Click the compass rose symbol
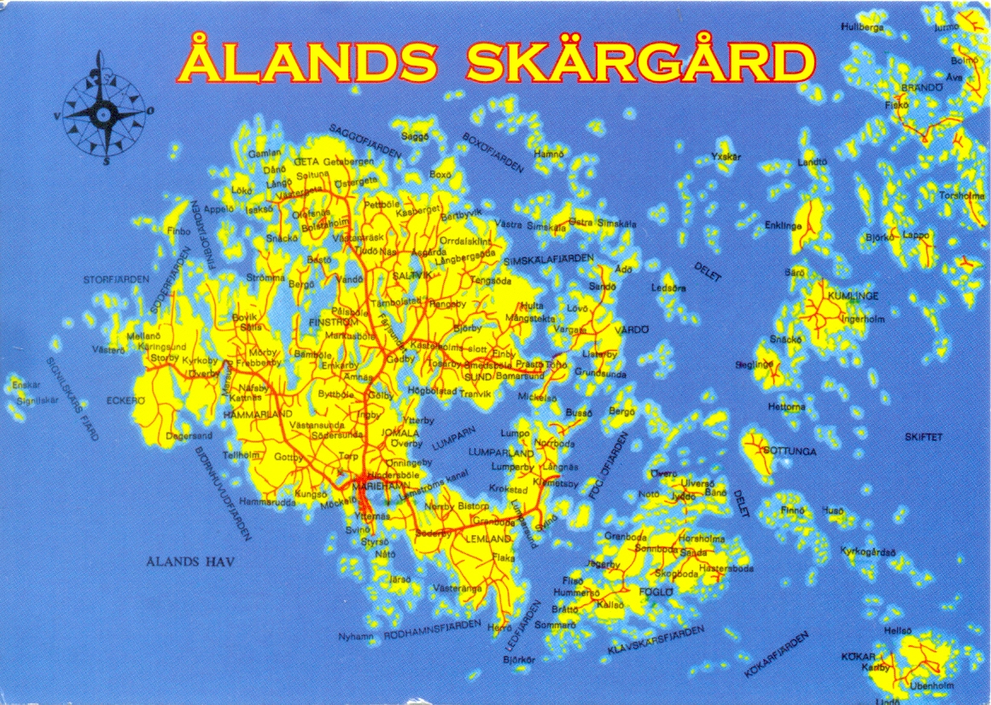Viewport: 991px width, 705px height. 102,110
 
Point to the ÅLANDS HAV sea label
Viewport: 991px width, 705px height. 189,561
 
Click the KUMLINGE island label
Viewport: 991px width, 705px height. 853,296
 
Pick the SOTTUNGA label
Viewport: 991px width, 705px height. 790,451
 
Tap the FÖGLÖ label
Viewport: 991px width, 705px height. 656,591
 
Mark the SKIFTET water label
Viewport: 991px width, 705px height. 924,437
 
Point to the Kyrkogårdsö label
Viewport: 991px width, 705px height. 867,551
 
